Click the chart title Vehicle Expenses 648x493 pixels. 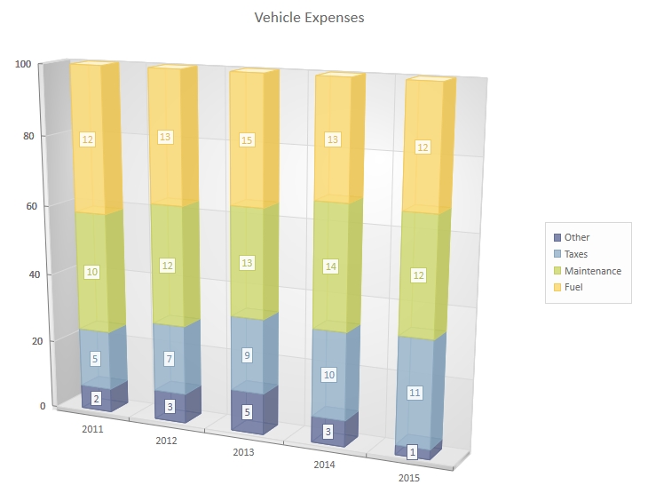[x=309, y=17]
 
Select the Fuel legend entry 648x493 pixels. [x=573, y=287]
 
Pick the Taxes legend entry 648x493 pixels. [x=575, y=254]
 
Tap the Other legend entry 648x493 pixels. [x=576, y=237]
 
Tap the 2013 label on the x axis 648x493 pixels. [x=244, y=452]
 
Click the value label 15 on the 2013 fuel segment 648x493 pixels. [x=247, y=139]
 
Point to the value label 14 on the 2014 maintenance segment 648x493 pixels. [x=330, y=266]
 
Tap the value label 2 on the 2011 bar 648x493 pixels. [x=97, y=399]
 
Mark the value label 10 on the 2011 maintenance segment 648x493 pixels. [x=91, y=272]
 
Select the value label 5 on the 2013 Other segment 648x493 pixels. [x=248, y=412]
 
